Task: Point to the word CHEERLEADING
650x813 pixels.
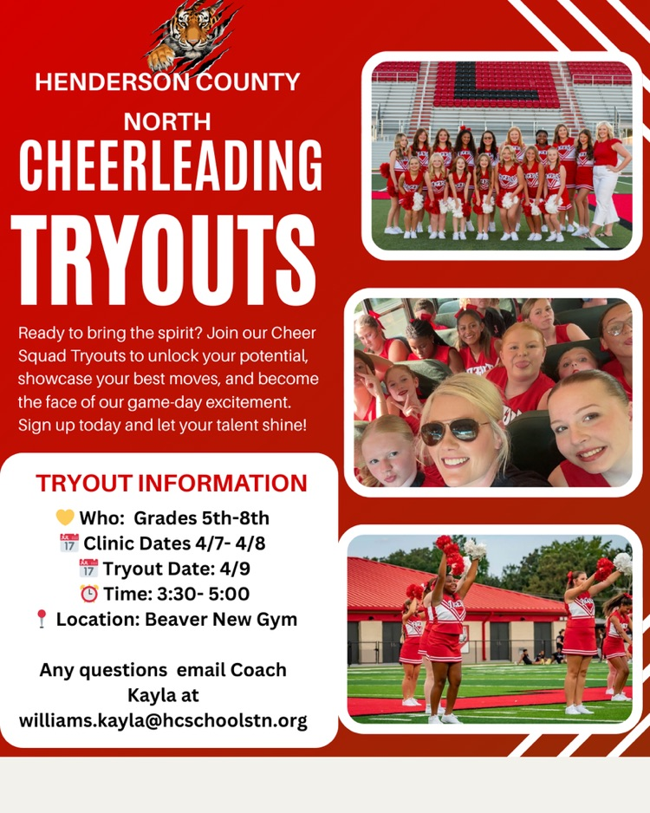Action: (170, 166)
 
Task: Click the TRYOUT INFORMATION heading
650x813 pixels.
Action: (171, 483)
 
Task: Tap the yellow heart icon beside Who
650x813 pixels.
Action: (65, 518)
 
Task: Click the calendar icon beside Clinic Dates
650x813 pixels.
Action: (69, 543)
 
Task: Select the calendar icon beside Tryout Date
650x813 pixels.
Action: (88, 569)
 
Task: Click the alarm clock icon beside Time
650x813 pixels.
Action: (88, 594)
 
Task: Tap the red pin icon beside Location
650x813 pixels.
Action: (41, 619)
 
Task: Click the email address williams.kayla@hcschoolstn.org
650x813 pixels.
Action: (163, 720)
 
